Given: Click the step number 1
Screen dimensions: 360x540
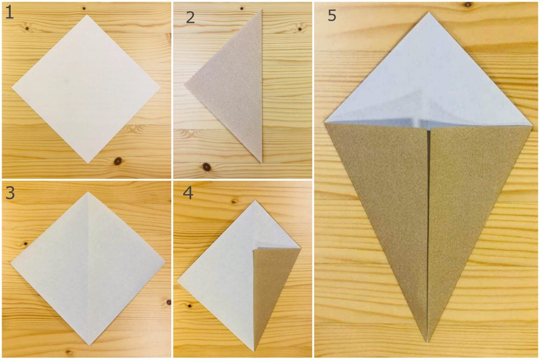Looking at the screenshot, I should (10, 13).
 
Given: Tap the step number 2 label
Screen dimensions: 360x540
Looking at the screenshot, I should (190, 17).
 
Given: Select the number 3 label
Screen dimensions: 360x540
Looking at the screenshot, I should (10, 193).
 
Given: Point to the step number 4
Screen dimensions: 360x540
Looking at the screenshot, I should (187, 193).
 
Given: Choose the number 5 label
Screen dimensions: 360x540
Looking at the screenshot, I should (332, 16).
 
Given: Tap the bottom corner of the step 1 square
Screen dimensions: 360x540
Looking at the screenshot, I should (87, 162).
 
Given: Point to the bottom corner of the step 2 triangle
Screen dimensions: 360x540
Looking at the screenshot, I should (261, 162).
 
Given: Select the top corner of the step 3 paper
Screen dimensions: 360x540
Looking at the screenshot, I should (89, 192).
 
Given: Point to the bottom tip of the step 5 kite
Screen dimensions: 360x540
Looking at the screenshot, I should (428, 342).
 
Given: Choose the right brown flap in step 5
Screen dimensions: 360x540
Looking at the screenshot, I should (470, 205).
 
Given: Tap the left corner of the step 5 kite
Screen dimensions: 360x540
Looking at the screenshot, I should (325, 123).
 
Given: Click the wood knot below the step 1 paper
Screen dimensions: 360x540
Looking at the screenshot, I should (117, 160).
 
